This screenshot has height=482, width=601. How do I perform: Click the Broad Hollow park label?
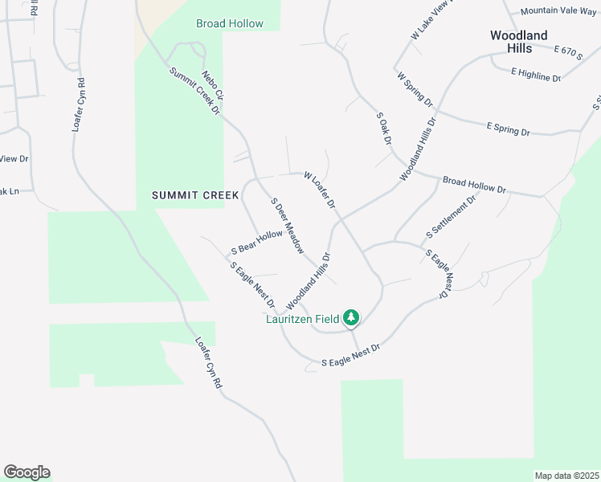(x=229, y=23)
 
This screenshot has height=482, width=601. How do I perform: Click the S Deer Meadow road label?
(x=287, y=226)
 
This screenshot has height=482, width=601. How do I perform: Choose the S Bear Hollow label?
(x=257, y=241)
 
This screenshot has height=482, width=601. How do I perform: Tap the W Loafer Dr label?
(x=319, y=190)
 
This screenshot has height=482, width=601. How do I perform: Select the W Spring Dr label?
(x=415, y=89)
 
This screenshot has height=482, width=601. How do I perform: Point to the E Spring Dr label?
(x=509, y=128)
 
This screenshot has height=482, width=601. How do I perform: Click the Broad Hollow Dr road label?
(x=474, y=185)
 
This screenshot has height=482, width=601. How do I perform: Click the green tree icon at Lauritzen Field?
(x=351, y=318)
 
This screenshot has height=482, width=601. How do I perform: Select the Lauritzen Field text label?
(x=303, y=319)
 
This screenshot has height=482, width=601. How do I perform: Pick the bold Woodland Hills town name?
(x=519, y=42)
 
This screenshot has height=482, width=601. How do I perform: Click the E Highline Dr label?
(x=536, y=74)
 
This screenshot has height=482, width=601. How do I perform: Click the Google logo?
(x=27, y=472)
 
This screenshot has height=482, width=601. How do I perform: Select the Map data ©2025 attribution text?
(x=566, y=476)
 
